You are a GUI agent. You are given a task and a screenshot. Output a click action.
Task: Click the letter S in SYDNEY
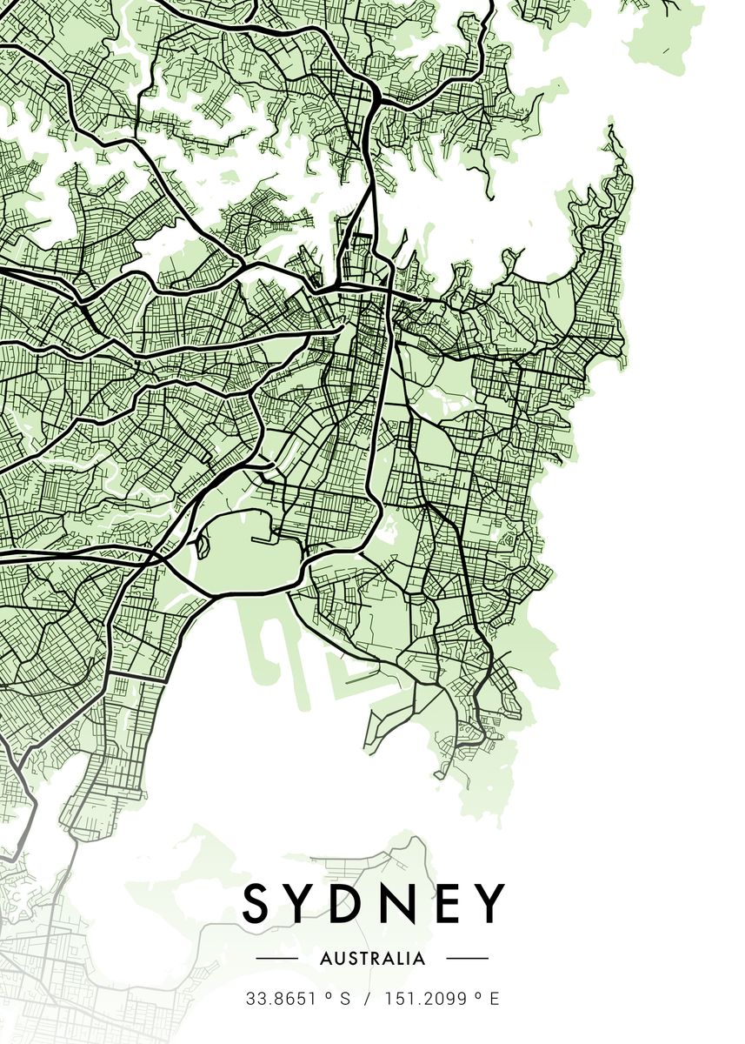point(258,902)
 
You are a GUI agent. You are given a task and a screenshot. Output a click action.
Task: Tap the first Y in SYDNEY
point(307,902)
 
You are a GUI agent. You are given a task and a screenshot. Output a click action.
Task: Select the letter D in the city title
point(359,902)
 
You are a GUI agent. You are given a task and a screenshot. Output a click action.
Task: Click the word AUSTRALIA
point(373,959)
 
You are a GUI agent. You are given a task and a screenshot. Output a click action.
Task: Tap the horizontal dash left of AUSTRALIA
point(277,959)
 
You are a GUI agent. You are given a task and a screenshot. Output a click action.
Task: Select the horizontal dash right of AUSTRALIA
point(468,959)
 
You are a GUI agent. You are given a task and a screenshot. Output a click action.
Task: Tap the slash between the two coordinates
point(368,999)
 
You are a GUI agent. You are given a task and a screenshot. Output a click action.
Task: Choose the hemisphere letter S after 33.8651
point(345,999)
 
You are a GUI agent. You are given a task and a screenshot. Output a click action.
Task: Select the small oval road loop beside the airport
point(203,548)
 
